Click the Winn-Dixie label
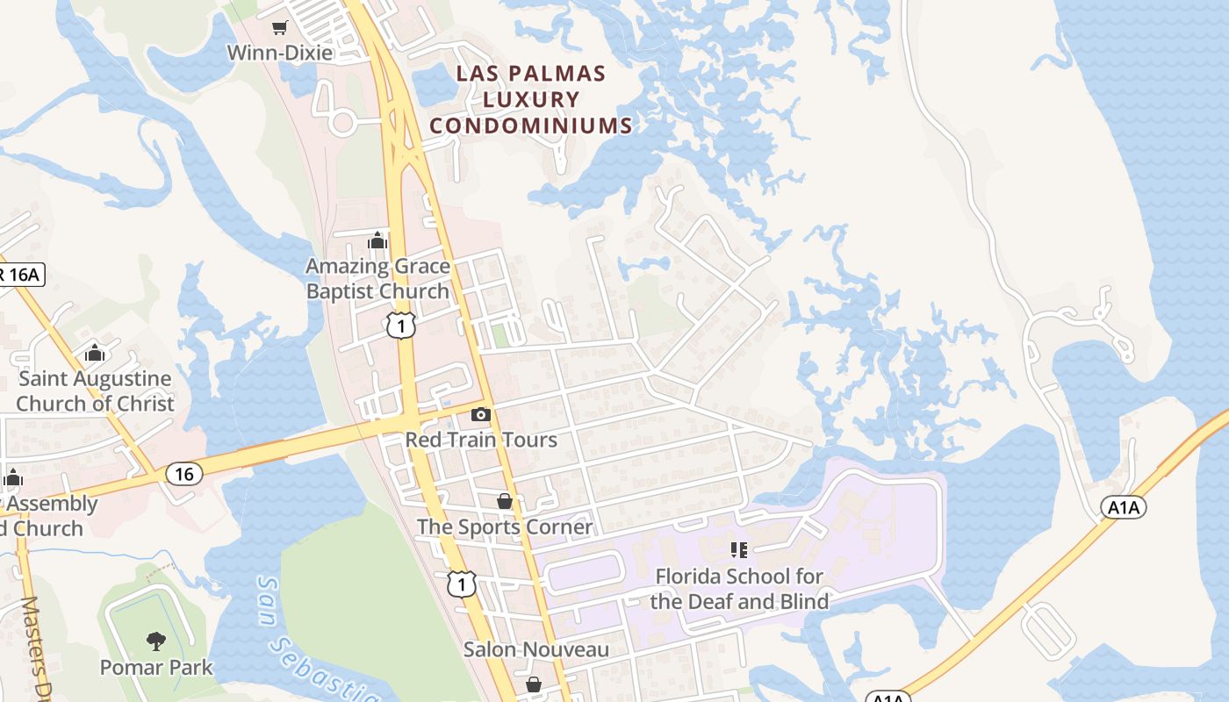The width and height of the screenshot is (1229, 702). pyautogui.click(x=280, y=53)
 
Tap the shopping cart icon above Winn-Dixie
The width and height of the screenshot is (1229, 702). pyautogui.click(x=279, y=28)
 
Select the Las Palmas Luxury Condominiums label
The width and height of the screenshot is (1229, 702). pyautogui.click(x=531, y=99)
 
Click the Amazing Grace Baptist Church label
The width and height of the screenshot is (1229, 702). pyautogui.click(x=377, y=278)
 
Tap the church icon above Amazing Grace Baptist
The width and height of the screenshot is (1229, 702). pyautogui.click(x=377, y=240)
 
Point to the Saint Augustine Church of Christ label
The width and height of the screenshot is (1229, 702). pyautogui.click(x=95, y=391)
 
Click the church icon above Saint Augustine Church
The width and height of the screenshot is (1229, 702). pyautogui.click(x=95, y=354)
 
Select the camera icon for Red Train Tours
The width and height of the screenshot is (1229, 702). pyautogui.click(x=480, y=414)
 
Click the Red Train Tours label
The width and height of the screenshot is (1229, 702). pyautogui.click(x=481, y=440)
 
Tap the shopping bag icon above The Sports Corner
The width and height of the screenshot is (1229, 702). pyautogui.click(x=505, y=501)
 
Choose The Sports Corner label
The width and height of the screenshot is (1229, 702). pyautogui.click(x=505, y=527)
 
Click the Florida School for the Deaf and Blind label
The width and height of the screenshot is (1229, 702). pyautogui.click(x=739, y=589)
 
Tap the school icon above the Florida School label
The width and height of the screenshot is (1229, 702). pyautogui.click(x=739, y=550)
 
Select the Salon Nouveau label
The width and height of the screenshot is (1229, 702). pyautogui.click(x=535, y=650)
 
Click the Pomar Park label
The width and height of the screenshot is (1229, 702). pyautogui.click(x=156, y=668)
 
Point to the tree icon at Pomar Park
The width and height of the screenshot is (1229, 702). pyautogui.click(x=156, y=641)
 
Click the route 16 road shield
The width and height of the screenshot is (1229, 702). pyautogui.click(x=184, y=475)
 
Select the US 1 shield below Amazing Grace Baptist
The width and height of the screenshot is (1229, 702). pyautogui.click(x=400, y=326)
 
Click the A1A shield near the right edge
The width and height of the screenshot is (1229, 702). pyautogui.click(x=1124, y=507)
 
